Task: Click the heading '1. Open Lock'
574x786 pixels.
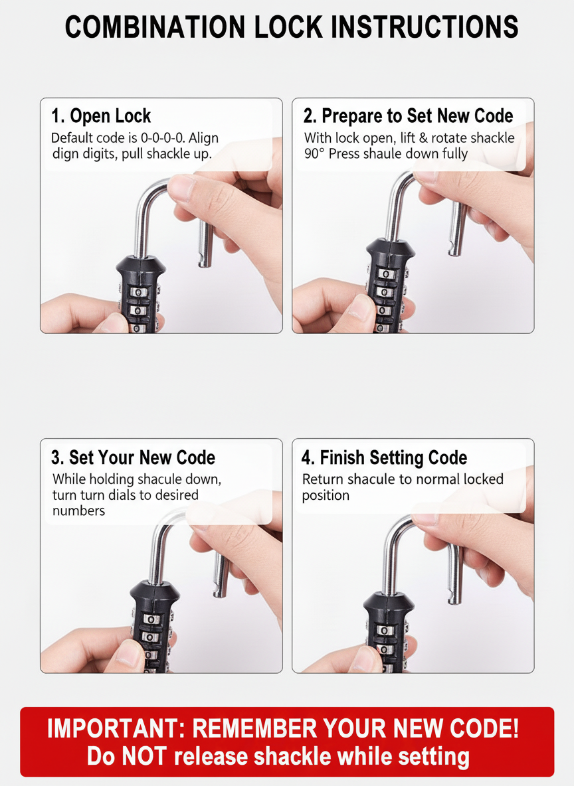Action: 101,116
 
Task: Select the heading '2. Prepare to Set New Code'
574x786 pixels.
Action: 408,116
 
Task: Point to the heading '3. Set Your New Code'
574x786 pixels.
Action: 133,457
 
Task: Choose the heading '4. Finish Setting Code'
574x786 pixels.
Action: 385,457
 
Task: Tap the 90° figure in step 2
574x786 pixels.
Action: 314,153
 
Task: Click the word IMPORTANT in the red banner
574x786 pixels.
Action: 116,728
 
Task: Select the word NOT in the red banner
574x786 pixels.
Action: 145,756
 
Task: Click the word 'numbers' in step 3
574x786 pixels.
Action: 79,511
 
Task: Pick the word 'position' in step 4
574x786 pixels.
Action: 326,495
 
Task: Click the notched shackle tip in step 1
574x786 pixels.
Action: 204,261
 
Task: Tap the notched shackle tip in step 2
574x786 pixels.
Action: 456,249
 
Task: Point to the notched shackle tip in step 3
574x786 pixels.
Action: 221,591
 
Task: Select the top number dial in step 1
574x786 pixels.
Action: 138,291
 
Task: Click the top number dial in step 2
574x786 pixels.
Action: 385,274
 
